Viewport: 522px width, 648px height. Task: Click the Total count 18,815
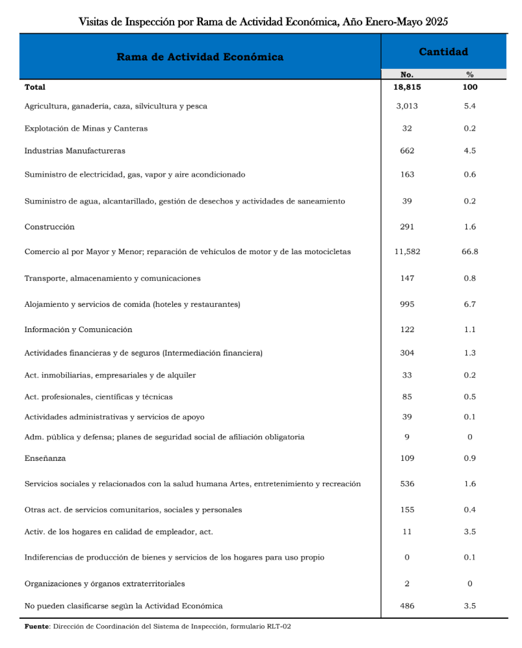[x=407, y=87]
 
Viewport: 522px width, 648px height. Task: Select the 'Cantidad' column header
[x=443, y=52]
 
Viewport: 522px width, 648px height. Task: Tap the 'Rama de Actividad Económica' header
[x=200, y=57]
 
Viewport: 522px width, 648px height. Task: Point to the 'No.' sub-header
[x=407, y=75]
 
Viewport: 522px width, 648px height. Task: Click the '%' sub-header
[x=470, y=75]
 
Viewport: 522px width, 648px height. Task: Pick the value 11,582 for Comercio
[x=407, y=252]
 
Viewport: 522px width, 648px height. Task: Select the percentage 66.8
[x=470, y=252]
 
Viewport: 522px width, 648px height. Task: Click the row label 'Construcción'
[x=49, y=227]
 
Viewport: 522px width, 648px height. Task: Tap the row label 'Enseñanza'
[x=46, y=458]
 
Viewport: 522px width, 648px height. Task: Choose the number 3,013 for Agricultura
[x=407, y=106]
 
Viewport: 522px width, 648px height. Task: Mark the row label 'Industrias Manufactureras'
[x=75, y=151]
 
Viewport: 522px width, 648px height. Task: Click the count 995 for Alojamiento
[x=407, y=304]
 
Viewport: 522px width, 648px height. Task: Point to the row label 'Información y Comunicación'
[x=78, y=330]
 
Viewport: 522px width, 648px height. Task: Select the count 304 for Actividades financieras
[x=407, y=353]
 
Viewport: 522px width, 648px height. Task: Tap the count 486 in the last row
[x=407, y=606]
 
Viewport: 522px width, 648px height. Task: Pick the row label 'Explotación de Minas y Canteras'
[x=86, y=128]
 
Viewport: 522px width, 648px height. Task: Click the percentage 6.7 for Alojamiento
[x=470, y=304]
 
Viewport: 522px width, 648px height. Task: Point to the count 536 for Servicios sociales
[x=407, y=484]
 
